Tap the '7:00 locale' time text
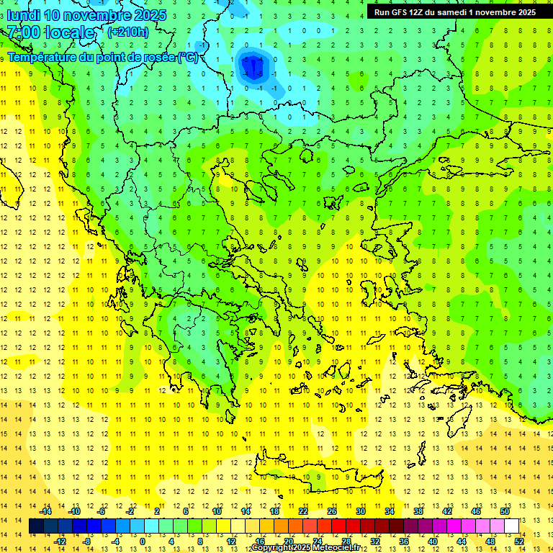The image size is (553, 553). (50, 33)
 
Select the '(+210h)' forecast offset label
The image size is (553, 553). (127, 32)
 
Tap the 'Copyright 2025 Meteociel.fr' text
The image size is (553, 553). (306, 548)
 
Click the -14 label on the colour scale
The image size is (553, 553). (45, 511)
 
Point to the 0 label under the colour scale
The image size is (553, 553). (142, 541)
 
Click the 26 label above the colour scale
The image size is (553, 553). (332, 511)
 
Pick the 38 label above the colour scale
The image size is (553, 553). (418, 511)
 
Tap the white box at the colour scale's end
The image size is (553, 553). (511, 526)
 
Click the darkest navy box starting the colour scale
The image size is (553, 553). (36, 526)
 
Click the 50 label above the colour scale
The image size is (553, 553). (505, 511)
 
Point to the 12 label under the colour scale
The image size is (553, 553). (231, 541)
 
